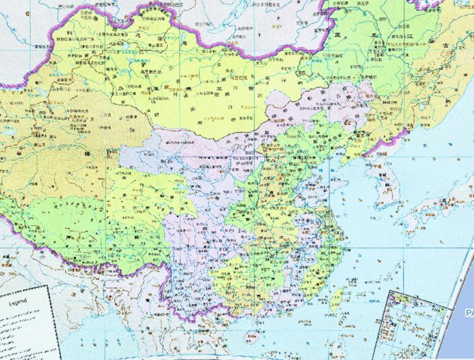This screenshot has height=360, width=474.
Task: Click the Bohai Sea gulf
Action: (x=324, y=159)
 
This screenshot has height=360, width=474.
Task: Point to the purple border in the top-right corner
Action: (x=432, y=5)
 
